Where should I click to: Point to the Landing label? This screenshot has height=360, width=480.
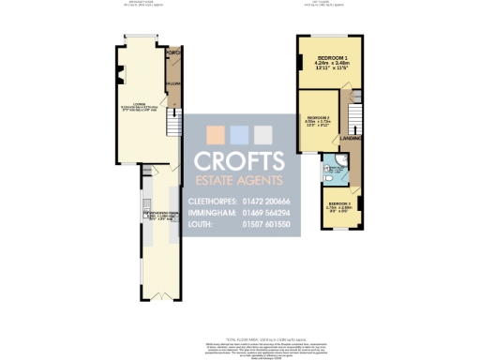[362, 139]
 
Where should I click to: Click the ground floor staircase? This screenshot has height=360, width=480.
[171, 122]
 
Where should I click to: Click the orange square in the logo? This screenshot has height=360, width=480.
[217, 133]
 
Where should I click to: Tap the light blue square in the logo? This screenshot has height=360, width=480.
[241, 133]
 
